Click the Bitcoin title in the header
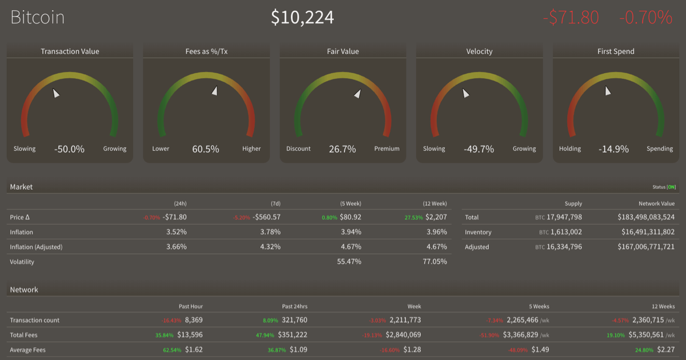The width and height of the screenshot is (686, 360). click(x=38, y=17)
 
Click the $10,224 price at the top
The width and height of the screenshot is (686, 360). click(x=302, y=17)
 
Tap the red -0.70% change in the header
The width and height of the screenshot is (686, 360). click(x=645, y=17)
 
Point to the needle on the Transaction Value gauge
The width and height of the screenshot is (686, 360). click(x=55, y=93)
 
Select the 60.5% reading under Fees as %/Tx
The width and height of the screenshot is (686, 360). click(x=205, y=149)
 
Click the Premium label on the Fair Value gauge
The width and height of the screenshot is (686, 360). click(x=387, y=149)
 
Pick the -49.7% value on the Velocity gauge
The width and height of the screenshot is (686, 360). click(x=478, y=149)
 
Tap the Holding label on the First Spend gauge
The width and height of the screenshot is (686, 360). click(x=570, y=149)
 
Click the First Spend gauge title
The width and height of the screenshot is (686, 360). click(x=616, y=51)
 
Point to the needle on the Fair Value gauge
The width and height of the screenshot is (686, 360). click(x=357, y=94)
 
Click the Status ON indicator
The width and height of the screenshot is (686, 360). click(x=664, y=187)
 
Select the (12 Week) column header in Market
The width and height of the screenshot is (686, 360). click(x=436, y=203)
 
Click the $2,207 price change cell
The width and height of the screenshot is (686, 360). click(x=437, y=217)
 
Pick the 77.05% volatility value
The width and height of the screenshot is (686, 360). click(x=434, y=262)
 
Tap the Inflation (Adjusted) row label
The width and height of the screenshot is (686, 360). click(x=36, y=247)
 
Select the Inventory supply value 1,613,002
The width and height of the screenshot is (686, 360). click(x=563, y=232)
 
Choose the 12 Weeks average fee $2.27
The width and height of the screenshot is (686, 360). click(x=665, y=350)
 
